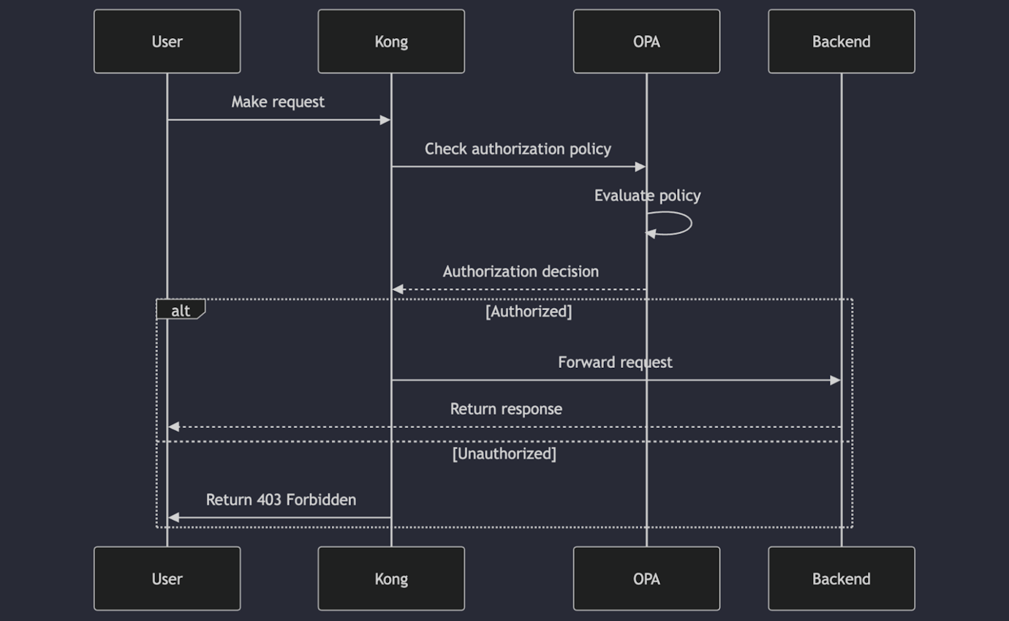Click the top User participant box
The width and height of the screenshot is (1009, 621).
click(x=167, y=42)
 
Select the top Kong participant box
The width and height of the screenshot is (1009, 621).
click(x=391, y=42)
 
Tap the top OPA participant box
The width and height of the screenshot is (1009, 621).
click(x=646, y=42)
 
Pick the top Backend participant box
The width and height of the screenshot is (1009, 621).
click(x=841, y=42)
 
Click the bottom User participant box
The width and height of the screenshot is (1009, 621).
click(x=167, y=579)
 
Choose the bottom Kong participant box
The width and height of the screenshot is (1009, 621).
click(x=391, y=579)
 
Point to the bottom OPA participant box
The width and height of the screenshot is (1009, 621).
click(x=646, y=579)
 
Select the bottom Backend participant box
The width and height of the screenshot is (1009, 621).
click(x=841, y=579)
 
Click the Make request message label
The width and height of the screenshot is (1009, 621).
click(x=278, y=102)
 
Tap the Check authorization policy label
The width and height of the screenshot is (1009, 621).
click(x=518, y=149)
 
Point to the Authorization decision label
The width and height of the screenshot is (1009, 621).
click(x=521, y=272)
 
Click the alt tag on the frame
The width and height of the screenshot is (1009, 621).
click(x=180, y=311)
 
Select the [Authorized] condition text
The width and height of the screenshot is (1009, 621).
click(x=529, y=312)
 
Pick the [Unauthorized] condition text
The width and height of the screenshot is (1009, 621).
click(x=504, y=454)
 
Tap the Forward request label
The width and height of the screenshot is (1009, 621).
click(x=615, y=363)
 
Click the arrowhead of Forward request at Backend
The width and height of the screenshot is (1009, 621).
click(x=835, y=380)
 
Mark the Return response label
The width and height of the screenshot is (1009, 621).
click(x=506, y=410)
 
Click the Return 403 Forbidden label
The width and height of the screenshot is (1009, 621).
click(x=281, y=500)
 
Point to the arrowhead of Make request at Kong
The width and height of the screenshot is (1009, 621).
click(x=385, y=120)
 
